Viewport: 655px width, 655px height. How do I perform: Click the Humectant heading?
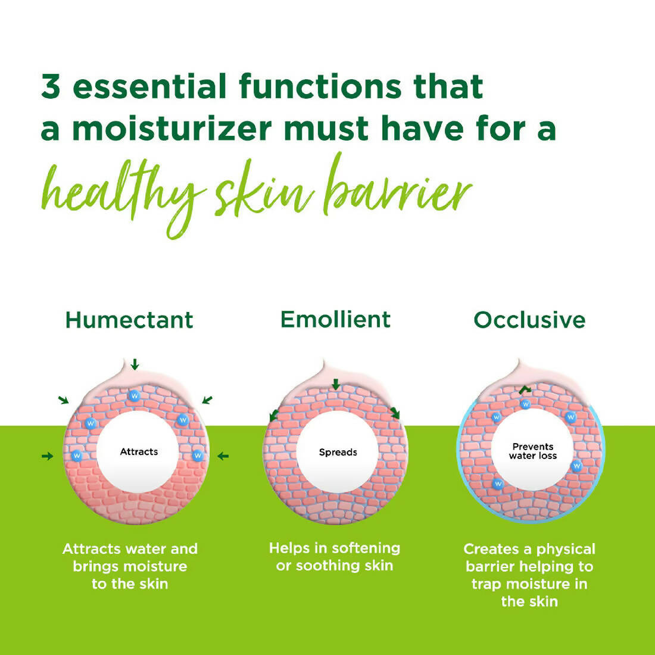coord(129,320)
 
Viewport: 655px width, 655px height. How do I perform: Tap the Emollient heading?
coord(335,320)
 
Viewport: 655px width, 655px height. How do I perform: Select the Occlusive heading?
coord(529,320)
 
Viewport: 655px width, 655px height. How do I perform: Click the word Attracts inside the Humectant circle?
coord(139,452)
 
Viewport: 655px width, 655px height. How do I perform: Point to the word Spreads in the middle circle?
coord(338,453)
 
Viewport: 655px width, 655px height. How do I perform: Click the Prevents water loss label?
coord(533,451)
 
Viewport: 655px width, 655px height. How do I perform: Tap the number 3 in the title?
coord(51,87)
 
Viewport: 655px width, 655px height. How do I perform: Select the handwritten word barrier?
coord(398,191)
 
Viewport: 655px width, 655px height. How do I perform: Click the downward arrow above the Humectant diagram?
coord(135,364)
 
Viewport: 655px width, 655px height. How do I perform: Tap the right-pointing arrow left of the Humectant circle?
coord(47,456)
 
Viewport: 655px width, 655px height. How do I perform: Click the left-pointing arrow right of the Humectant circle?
coord(223,456)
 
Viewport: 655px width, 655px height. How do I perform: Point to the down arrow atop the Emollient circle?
coord(336,384)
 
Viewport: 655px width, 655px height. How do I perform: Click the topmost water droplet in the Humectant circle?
coord(134,395)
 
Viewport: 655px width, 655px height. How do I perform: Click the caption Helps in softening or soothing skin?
coord(334,557)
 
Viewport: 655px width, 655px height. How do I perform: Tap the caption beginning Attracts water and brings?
coord(130,566)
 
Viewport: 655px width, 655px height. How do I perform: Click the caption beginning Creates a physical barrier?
coord(529,575)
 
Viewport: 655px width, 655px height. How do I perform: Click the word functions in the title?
coord(320,87)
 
